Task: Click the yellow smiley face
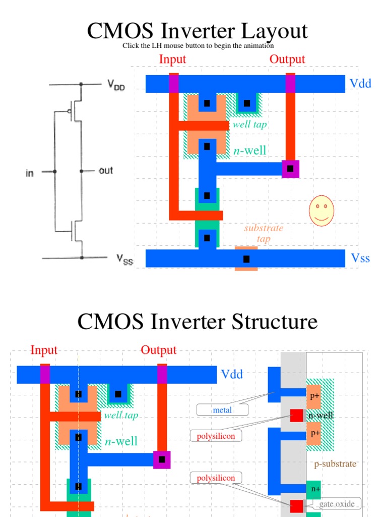click(x=321, y=211)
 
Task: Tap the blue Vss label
click(x=360, y=258)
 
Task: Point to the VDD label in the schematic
click(x=115, y=86)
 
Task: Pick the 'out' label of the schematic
click(x=106, y=171)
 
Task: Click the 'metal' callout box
click(x=222, y=410)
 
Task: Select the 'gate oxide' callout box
click(x=336, y=504)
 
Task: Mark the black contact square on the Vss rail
click(x=246, y=259)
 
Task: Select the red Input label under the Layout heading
click(x=172, y=59)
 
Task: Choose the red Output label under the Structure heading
click(x=158, y=350)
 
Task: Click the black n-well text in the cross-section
click(x=321, y=416)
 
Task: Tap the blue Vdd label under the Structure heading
click(x=232, y=375)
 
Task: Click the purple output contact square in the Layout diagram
click(x=290, y=168)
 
